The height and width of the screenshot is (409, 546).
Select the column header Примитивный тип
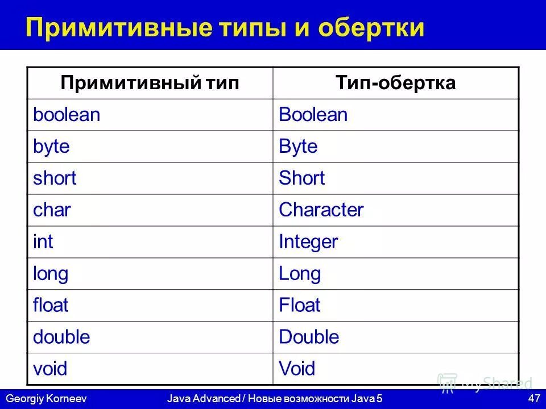pos(150,84)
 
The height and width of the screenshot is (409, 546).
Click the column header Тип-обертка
pos(396,84)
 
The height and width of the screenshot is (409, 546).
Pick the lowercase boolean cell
pos(67,115)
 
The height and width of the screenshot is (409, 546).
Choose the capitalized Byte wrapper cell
pos(298,147)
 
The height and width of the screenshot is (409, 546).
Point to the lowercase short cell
pos(55,178)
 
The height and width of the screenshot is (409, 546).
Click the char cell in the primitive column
pos(52,210)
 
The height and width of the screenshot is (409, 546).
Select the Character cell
pos(321,210)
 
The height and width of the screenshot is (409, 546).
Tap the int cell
pos(43,242)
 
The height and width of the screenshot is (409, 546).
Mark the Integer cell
pos(308,242)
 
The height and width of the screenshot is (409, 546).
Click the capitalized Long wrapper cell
pos(300,274)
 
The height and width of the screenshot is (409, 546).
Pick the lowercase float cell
pos(51,306)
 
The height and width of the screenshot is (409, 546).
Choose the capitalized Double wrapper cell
pos(309,337)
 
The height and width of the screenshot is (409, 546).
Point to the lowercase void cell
pos(50,369)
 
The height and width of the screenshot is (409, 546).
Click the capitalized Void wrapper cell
pos(297,369)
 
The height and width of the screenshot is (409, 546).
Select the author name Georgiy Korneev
pos(45,399)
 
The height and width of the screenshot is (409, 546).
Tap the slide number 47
pos(533,399)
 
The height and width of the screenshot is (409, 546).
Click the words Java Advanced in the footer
pos(203,399)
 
